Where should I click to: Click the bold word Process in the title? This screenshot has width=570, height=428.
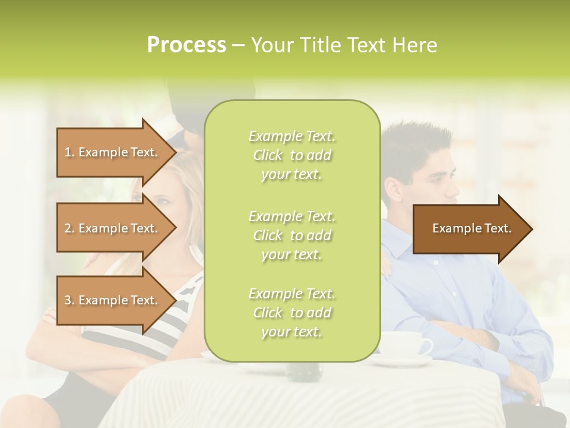pyautogui.click(x=186, y=45)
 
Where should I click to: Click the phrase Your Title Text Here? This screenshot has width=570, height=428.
pyautogui.click(x=344, y=45)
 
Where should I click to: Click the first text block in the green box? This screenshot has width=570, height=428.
pyautogui.click(x=292, y=155)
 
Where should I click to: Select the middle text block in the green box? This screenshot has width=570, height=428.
pyautogui.click(x=292, y=235)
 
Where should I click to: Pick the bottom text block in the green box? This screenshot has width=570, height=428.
pyautogui.click(x=292, y=313)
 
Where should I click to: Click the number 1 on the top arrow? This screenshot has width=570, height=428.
pyautogui.click(x=68, y=152)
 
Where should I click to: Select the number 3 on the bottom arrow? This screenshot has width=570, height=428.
pyautogui.click(x=68, y=300)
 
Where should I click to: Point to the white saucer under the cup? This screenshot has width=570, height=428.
pyautogui.click(x=404, y=360)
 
